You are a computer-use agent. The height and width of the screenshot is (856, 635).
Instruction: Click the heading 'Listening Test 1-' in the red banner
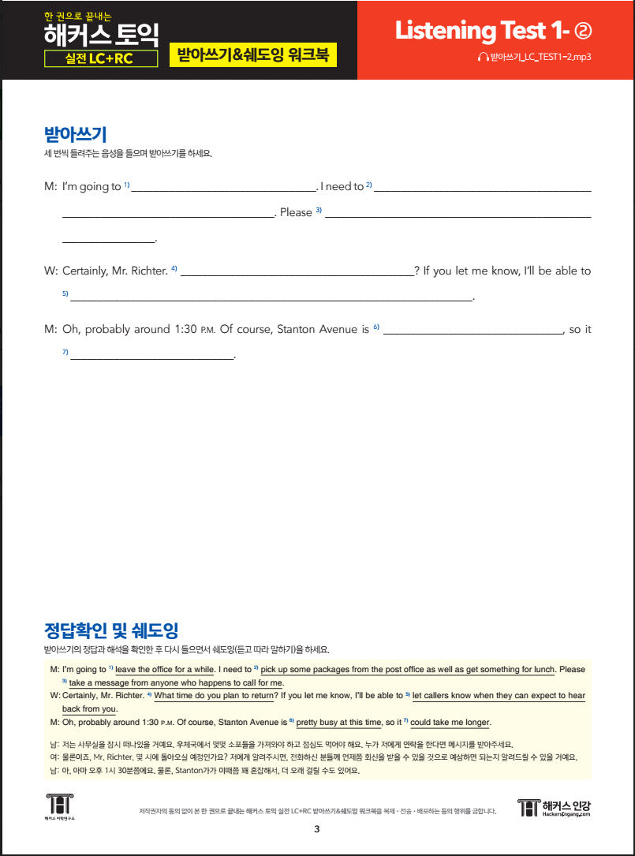click(x=482, y=31)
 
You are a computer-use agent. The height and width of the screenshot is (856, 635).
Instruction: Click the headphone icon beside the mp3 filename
click(x=483, y=58)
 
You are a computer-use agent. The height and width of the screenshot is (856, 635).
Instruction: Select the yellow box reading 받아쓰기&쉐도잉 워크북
click(x=252, y=57)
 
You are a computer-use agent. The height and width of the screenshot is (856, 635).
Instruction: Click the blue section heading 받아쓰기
click(x=76, y=133)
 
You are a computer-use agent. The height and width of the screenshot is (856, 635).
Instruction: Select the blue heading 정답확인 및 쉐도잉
click(x=111, y=630)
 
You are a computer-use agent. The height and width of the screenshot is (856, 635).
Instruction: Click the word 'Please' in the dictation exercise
click(x=296, y=212)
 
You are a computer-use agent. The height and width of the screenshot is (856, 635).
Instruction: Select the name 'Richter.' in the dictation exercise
click(x=147, y=271)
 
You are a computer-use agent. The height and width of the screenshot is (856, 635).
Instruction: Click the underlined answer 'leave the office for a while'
click(x=165, y=669)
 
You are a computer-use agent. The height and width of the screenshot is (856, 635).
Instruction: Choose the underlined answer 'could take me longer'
click(x=450, y=722)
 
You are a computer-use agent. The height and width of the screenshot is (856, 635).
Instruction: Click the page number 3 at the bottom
click(x=316, y=828)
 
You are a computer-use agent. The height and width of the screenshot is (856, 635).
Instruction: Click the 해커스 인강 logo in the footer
click(x=555, y=807)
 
